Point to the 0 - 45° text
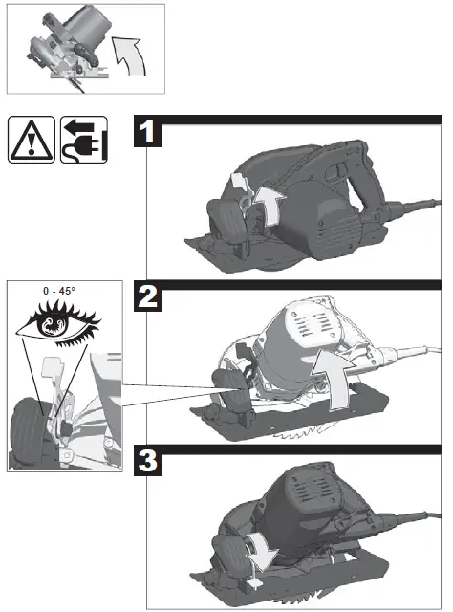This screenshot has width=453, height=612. click(x=64, y=288)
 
